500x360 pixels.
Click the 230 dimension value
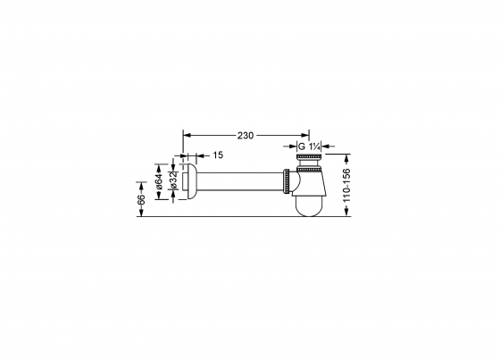246,135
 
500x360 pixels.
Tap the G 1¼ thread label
308,146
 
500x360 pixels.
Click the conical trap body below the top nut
309,181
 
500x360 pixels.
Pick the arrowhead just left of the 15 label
195,154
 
